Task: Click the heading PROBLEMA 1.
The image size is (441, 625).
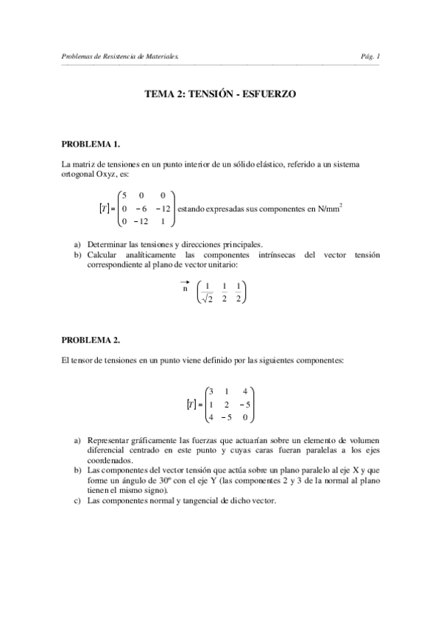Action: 90,143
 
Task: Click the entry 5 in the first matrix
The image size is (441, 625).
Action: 125,196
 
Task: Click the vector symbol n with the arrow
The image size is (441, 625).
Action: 185,288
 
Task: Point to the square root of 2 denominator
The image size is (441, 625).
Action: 208,298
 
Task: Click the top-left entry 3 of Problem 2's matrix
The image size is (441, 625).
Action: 211,391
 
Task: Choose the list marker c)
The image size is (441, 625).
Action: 77,500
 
